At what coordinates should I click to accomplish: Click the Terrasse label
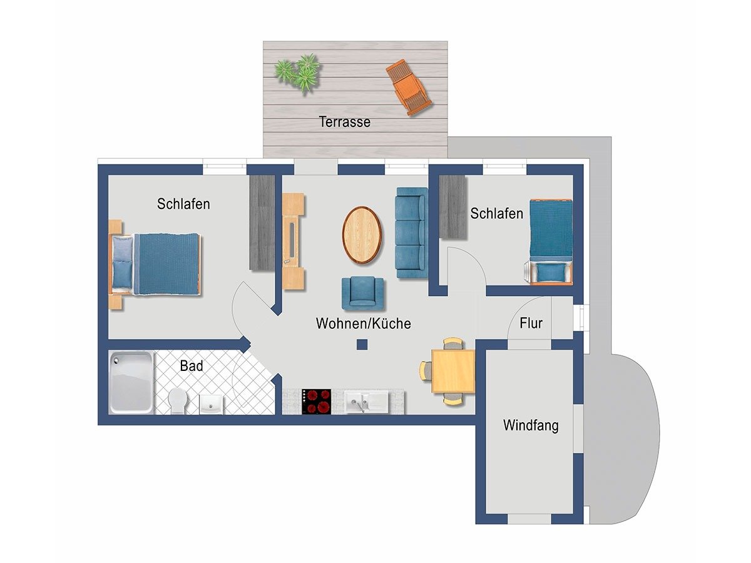[345, 122]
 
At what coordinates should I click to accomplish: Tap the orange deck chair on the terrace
[409, 88]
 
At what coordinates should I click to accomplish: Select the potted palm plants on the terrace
[298, 73]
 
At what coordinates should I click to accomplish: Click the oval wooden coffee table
[362, 235]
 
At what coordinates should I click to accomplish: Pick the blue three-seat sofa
[412, 233]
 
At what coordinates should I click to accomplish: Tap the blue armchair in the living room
[362, 293]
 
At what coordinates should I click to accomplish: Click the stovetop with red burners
[316, 402]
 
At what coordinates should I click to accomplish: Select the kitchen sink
[365, 402]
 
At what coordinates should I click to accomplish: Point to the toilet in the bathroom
[178, 400]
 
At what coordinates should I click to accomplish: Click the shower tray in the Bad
[131, 382]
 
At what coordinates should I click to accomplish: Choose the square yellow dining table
[453, 371]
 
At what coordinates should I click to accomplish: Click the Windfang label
[531, 425]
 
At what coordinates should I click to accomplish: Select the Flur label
[531, 323]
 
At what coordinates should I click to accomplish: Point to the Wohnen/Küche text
[364, 323]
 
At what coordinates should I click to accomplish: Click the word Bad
[192, 366]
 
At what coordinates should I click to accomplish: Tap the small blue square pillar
[362, 345]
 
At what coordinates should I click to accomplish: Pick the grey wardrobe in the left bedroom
[262, 223]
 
